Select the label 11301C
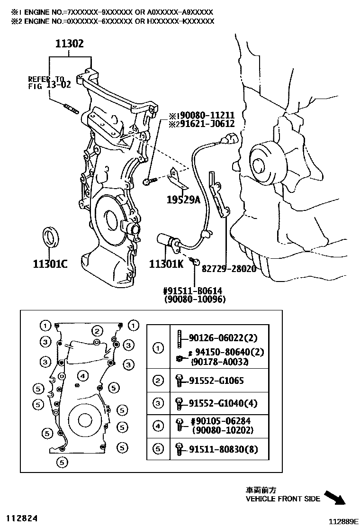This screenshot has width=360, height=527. [x=50, y=263]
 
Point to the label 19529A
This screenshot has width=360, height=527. [x=183, y=200]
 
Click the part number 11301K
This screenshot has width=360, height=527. [x=166, y=264]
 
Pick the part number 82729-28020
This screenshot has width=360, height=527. [x=229, y=269]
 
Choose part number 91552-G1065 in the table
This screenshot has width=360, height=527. [x=216, y=381]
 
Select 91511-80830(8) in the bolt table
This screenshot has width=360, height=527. [x=223, y=449]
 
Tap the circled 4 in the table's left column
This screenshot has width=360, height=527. [x=158, y=426]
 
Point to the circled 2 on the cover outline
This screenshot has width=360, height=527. [x=97, y=331]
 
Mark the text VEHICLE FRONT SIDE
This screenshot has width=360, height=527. [x=283, y=499]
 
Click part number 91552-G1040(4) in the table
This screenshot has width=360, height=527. [x=223, y=403]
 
